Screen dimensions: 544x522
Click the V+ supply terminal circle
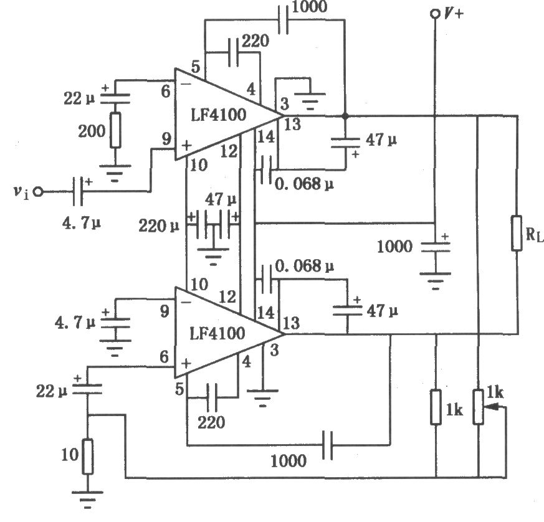point(434,14)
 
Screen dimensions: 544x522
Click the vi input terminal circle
point(38,191)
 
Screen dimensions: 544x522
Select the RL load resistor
point(517,233)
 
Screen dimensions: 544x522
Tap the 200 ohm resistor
point(115,130)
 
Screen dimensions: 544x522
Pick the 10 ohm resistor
point(87,457)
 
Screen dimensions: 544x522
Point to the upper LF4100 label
point(218,115)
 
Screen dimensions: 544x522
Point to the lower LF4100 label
point(217,333)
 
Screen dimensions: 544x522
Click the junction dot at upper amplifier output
point(345,116)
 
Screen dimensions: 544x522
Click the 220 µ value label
point(159,226)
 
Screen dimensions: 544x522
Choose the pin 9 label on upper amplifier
point(166,139)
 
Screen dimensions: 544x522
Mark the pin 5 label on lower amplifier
point(179,389)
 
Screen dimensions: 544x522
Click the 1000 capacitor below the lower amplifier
point(327,445)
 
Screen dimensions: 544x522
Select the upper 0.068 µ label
point(304,184)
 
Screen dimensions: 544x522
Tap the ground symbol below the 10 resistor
point(87,500)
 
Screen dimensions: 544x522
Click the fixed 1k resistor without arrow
point(436,407)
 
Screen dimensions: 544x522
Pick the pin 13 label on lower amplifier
point(292,323)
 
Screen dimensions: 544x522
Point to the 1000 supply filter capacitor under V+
point(436,247)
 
